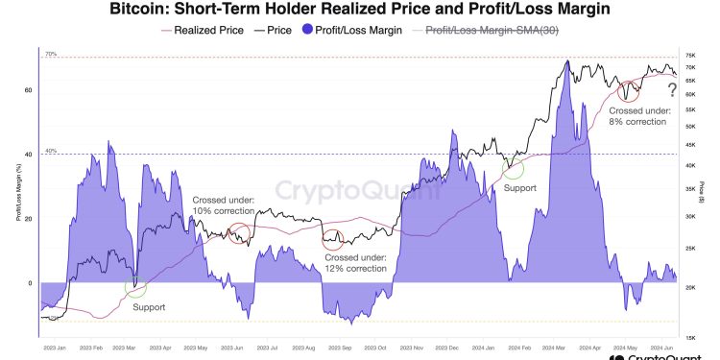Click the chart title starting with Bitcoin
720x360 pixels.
coord(359,11)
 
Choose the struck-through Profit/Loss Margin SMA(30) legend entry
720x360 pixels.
coord(499,31)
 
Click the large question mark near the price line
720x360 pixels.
coord(672,90)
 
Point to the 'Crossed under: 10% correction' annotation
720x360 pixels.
coord(222,204)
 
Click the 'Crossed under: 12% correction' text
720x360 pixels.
coord(355,263)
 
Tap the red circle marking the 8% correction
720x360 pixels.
coord(630,91)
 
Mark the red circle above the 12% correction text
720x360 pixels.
coord(333,236)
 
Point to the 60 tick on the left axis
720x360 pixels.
coord(29,89)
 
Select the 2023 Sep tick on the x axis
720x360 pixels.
coord(338,347)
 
